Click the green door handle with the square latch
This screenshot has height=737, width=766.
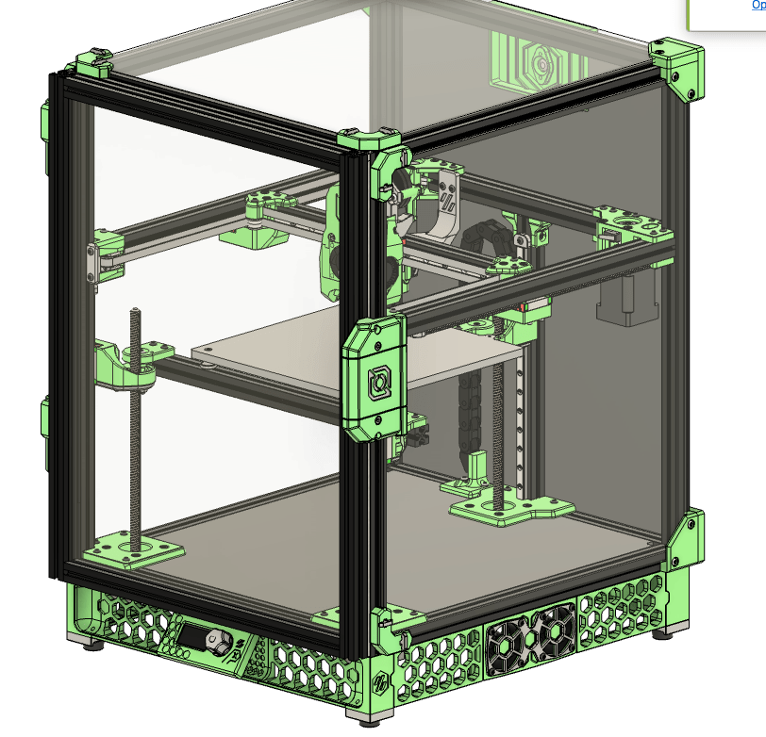click(x=377, y=379)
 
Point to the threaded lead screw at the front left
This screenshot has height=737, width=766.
click(x=137, y=424)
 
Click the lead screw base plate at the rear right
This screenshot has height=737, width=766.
click(x=509, y=509)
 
